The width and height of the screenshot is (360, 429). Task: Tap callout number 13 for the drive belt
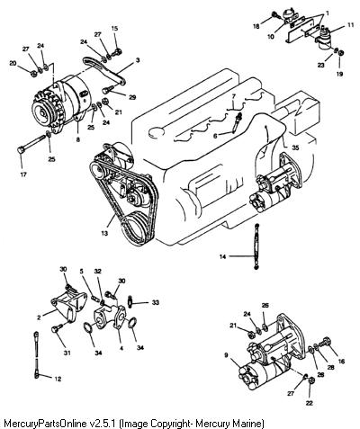click(104, 233)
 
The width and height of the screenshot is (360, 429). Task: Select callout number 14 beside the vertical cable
click(222, 256)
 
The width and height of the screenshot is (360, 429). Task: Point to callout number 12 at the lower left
click(58, 379)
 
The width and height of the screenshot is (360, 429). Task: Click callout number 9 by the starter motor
click(226, 355)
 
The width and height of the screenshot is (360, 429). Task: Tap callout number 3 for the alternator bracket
click(138, 60)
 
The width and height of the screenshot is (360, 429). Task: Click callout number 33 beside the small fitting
click(155, 303)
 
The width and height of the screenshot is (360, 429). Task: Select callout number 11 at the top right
click(351, 25)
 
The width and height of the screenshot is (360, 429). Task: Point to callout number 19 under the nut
click(339, 74)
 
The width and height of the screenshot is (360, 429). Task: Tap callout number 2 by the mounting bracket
click(39, 317)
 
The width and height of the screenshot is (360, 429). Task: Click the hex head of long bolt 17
click(21, 150)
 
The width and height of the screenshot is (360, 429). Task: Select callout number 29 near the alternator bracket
click(132, 97)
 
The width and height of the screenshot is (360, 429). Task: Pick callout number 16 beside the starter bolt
click(341, 362)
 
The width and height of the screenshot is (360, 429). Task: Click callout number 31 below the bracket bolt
click(67, 353)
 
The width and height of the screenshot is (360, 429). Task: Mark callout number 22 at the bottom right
click(309, 403)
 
